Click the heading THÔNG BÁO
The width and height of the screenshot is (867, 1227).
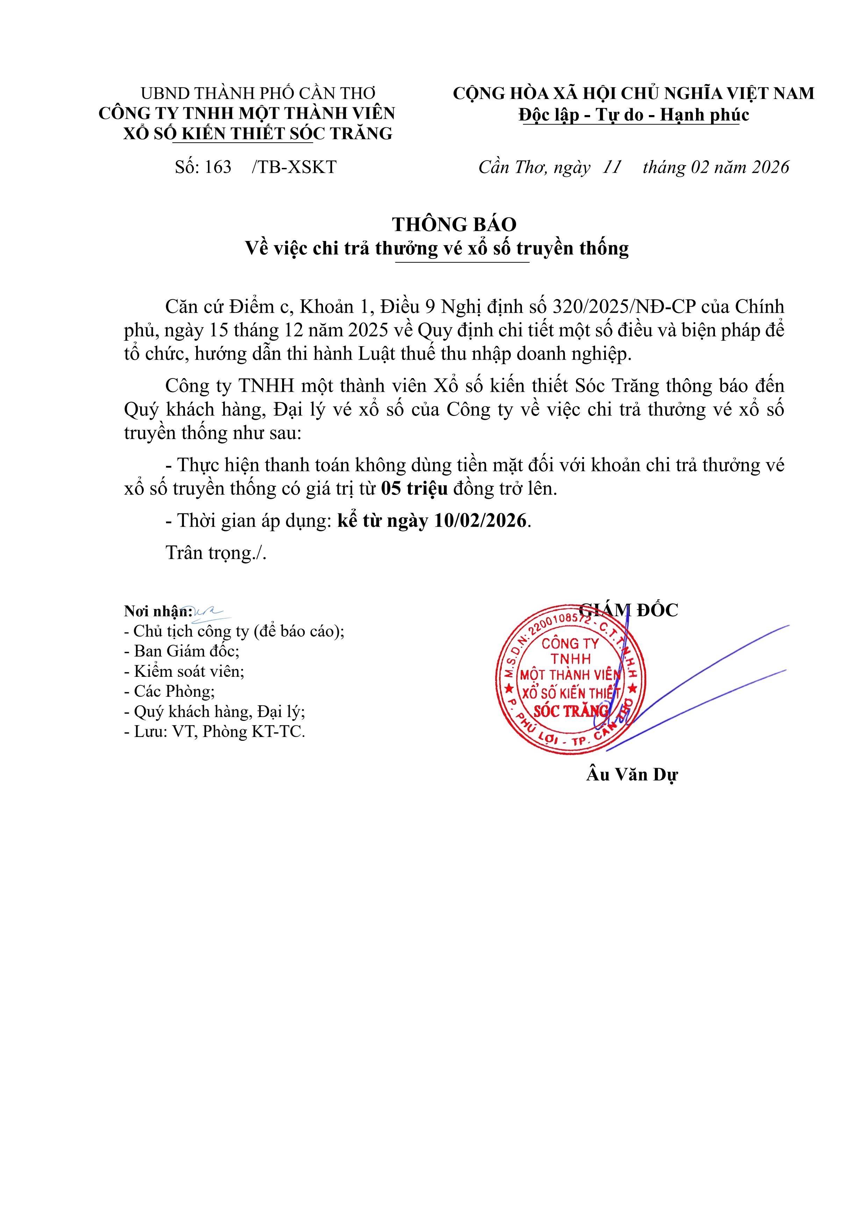pyautogui.click(x=454, y=225)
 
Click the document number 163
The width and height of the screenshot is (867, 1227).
pyautogui.click(x=217, y=167)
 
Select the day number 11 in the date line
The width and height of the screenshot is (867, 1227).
pyautogui.click(x=612, y=167)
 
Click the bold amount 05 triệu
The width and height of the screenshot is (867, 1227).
pyautogui.click(x=415, y=488)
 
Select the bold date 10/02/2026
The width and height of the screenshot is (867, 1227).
pyautogui.click(x=480, y=520)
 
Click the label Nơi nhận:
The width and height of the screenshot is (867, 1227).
pyautogui.click(x=158, y=611)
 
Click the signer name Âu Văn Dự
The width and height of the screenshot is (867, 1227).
pyautogui.click(x=632, y=774)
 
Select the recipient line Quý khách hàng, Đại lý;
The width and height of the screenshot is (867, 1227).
pyautogui.click(x=215, y=711)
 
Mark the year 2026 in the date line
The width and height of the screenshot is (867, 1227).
pyautogui.click(x=770, y=167)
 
